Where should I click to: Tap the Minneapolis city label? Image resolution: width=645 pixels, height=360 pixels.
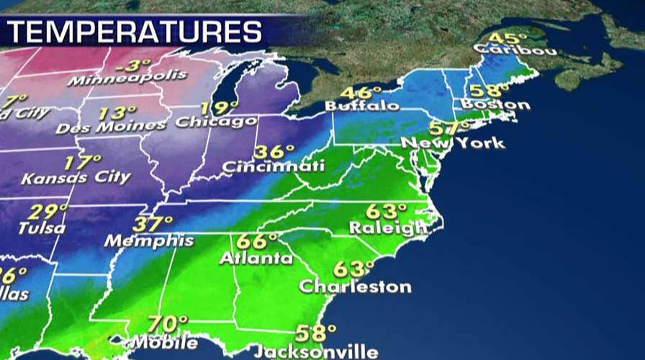(x=127, y=77)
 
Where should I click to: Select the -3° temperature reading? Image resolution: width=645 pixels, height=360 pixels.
(x=128, y=66)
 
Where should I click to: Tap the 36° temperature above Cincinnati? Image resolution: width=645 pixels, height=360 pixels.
(x=275, y=153)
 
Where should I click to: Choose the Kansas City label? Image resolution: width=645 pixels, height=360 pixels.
(x=76, y=176)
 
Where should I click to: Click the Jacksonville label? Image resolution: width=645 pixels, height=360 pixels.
(x=315, y=352)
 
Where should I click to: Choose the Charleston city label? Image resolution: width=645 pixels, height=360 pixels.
(x=356, y=287)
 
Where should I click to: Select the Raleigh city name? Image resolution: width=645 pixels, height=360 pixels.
(x=388, y=228)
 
